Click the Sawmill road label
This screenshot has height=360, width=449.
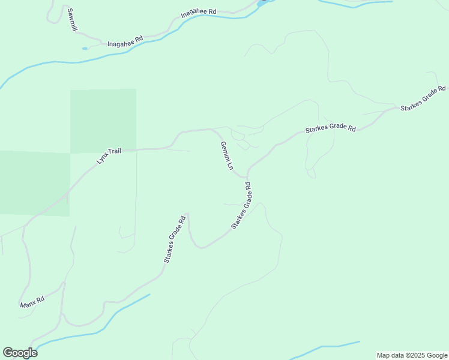click(x=71, y=20)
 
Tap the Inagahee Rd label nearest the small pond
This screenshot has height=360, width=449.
click(x=125, y=41)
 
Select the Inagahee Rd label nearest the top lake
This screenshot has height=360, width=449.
click(x=199, y=13)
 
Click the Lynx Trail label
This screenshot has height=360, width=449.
click(x=109, y=155)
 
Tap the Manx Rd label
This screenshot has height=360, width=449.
click(x=32, y=302)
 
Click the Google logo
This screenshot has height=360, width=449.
click(x=20, y=353)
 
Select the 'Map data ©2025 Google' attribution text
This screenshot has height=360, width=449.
click(x=411, y=355)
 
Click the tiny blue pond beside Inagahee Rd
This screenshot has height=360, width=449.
click(x=85, y=48)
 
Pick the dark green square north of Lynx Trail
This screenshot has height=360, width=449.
click(x=103, y=121)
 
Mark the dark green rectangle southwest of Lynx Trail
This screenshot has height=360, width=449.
click(x=34, y=183)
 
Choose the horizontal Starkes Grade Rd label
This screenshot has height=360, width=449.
click(x=330, y=128)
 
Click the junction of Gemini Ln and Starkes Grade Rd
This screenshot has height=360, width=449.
click(x=246, y=178)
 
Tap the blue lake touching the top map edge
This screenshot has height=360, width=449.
click(x=262, y=2)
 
